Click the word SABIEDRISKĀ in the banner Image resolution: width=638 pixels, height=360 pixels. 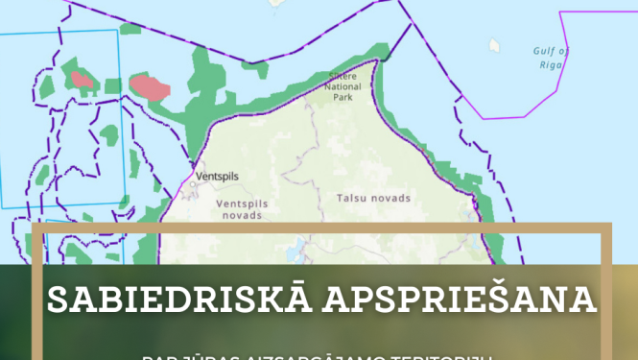pos(178,300)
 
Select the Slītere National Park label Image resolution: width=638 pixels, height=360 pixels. pos(343,85)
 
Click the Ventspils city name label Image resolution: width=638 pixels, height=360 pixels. pos(216,177)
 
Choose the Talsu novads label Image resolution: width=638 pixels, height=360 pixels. pos(373,198)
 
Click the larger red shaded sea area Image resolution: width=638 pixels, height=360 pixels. pos(150,88)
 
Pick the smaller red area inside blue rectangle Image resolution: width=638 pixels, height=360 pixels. pos(82,80)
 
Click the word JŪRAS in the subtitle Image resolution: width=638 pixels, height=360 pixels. pos(195,356)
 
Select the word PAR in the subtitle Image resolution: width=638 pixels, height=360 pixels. pos(156,356)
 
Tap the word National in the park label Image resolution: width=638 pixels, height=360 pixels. pos(343,85)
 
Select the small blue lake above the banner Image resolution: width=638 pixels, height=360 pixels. pos(303,254)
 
